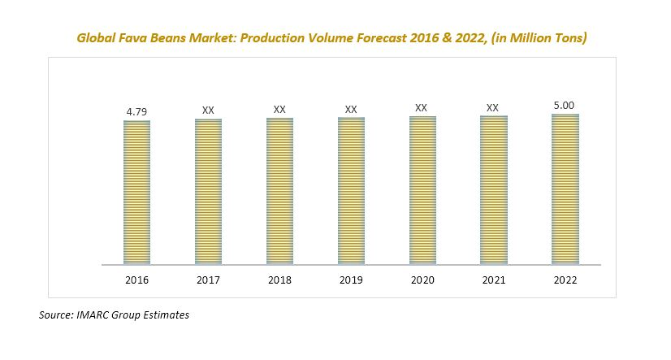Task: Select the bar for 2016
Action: point(136,193)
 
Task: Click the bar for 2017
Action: point(208,192)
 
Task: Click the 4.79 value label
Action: point(136,110)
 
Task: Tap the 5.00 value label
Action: point(565,104)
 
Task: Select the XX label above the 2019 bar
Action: point(351,108)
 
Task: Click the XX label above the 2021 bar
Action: point(493,107)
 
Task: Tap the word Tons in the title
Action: point(569,37)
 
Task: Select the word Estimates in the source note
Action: point(164,314)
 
